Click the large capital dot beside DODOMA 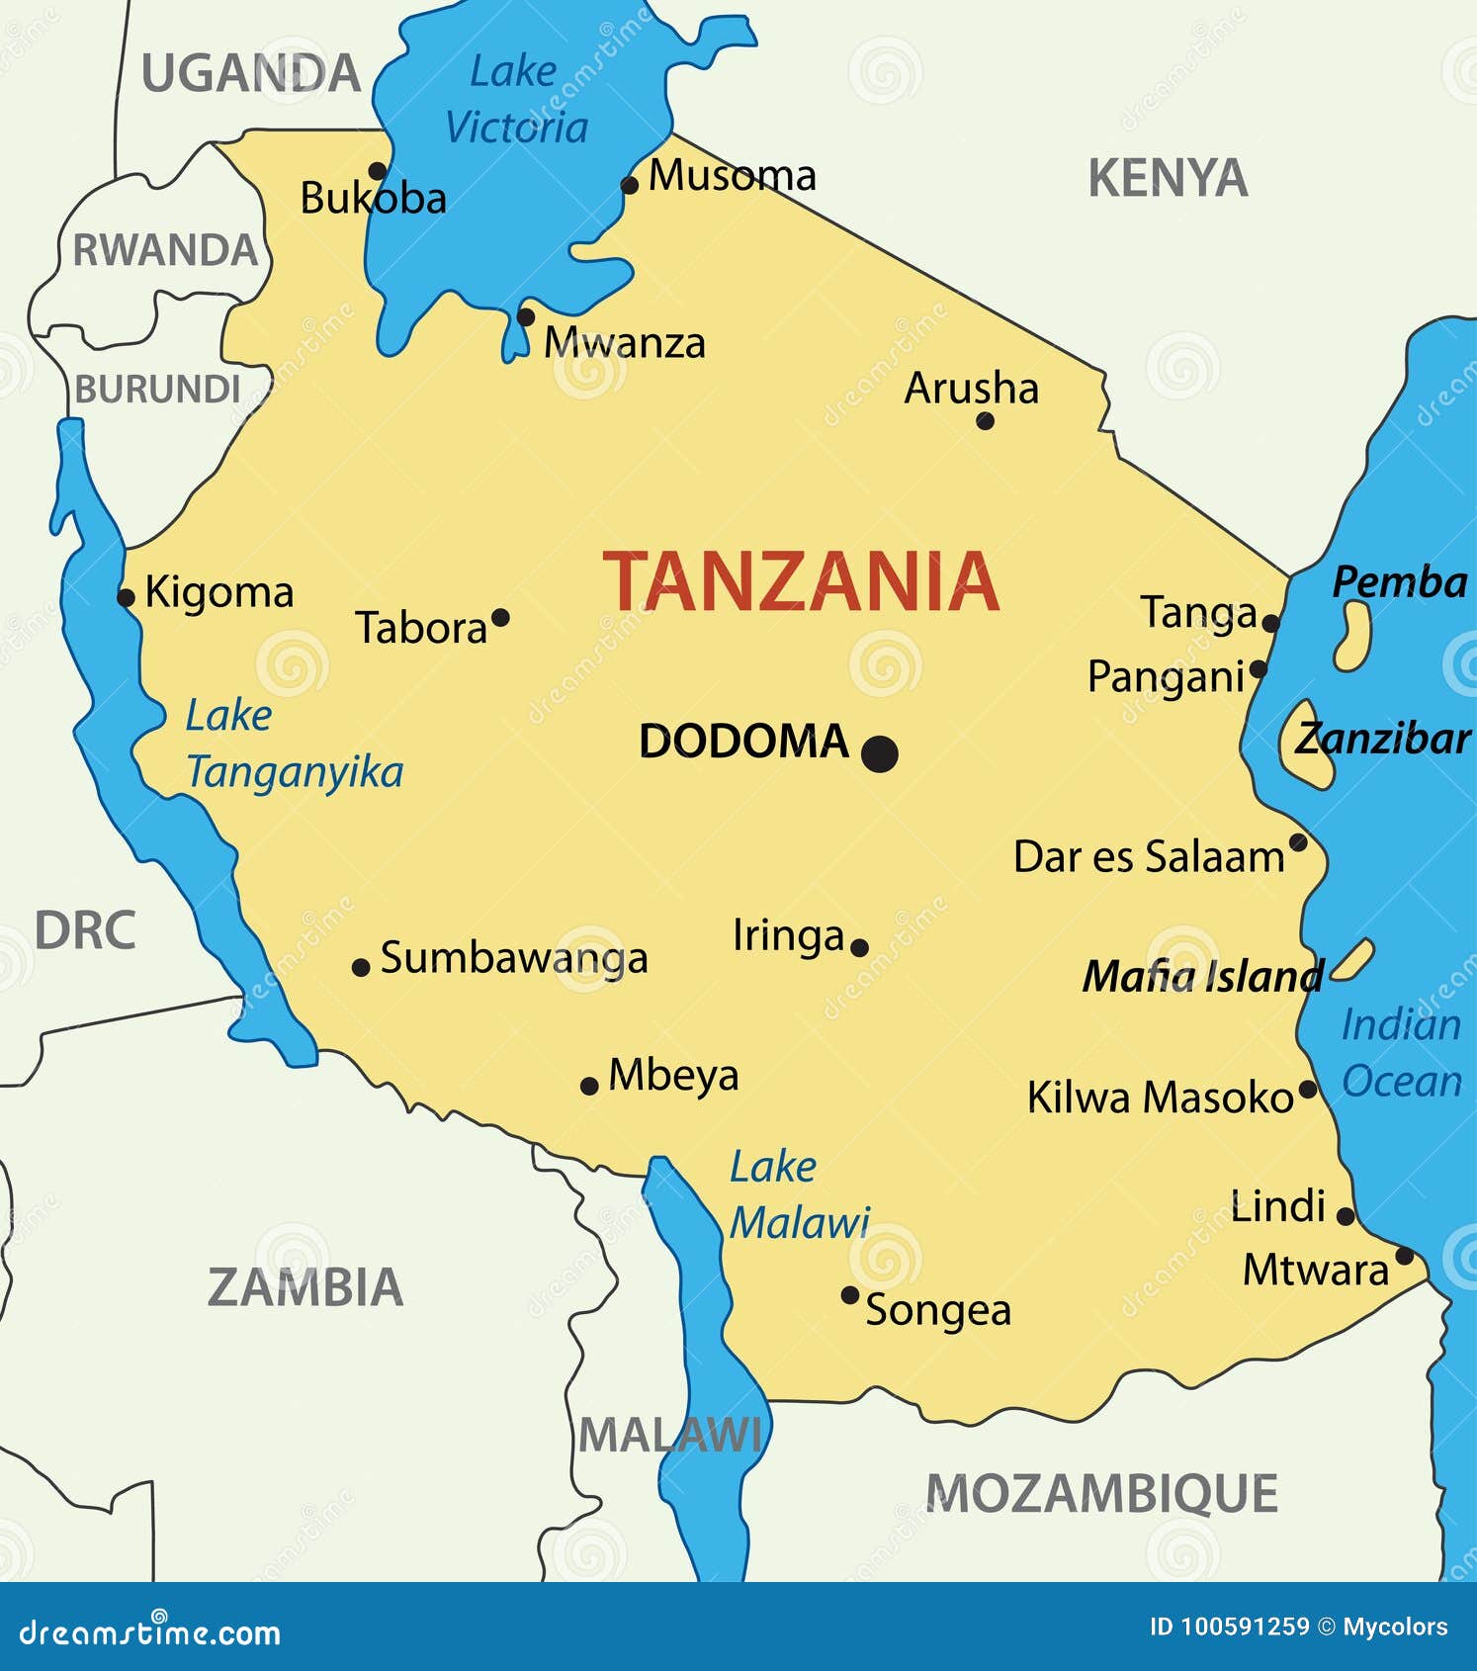click(879, 753)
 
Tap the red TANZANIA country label click(801, 582)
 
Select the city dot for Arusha click(985, 421)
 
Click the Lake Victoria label click(516, 100)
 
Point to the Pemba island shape click(1352, 637)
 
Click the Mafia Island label click(1202, 977)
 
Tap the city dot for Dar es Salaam click(1298, 842)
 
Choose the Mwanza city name click(625, 343)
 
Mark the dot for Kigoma click(126, 597)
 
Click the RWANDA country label click(165, 250)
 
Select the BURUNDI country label click(158, 390)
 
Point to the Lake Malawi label click(799, 1195)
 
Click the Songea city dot click(849, 1294)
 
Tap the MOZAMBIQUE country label click(1101, 1493)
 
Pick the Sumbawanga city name click(514, 958)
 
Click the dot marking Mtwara click(1404, 1256)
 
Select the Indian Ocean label click(1401, 1053)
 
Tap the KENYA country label click(1168, 179)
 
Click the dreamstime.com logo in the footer click(150, 1632)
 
